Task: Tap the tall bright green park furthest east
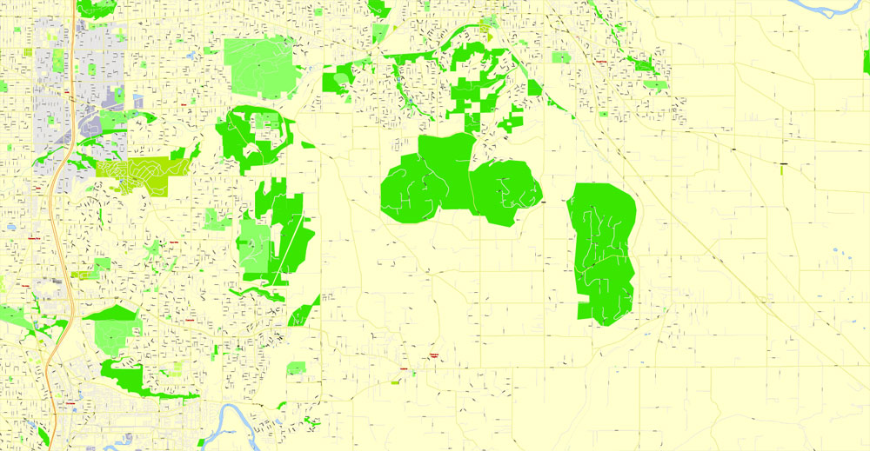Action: (603, 252)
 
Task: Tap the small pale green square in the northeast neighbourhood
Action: (561, 57)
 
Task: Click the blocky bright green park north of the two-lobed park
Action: (474, 87)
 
